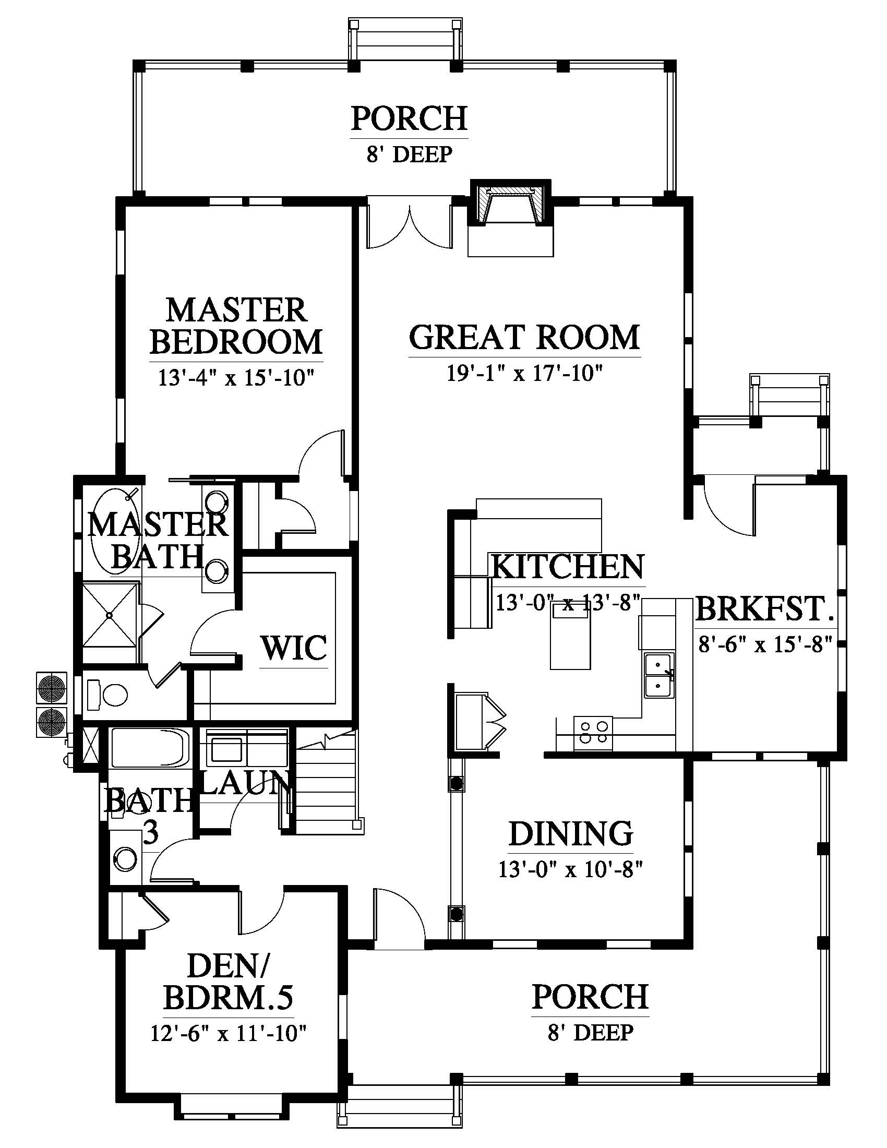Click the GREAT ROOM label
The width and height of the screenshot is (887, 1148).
point(524,337)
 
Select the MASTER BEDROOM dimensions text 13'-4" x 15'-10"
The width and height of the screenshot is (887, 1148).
point(236,377)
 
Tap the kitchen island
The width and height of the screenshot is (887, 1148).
point(570,636)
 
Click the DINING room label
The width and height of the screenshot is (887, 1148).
point(571,833)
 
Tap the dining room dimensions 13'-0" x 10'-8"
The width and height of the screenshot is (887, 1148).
point(571,870)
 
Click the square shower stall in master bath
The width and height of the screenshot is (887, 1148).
point(110,614)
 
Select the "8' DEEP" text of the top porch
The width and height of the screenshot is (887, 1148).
point(410,155)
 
